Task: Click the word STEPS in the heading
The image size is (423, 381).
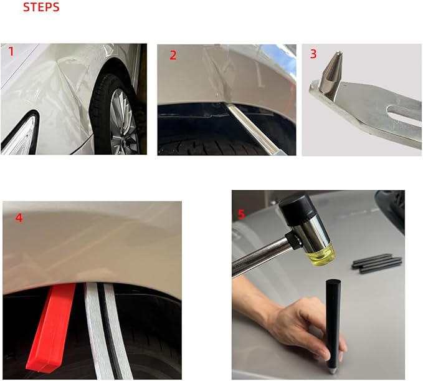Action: click(41, 7)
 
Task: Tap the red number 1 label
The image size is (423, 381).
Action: click(11, 52)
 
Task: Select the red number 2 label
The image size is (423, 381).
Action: click(173, 55)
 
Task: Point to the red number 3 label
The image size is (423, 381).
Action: click(313, 54)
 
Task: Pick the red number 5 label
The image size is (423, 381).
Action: click(241, 215)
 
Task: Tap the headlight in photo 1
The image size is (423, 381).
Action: click(19, 135)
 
